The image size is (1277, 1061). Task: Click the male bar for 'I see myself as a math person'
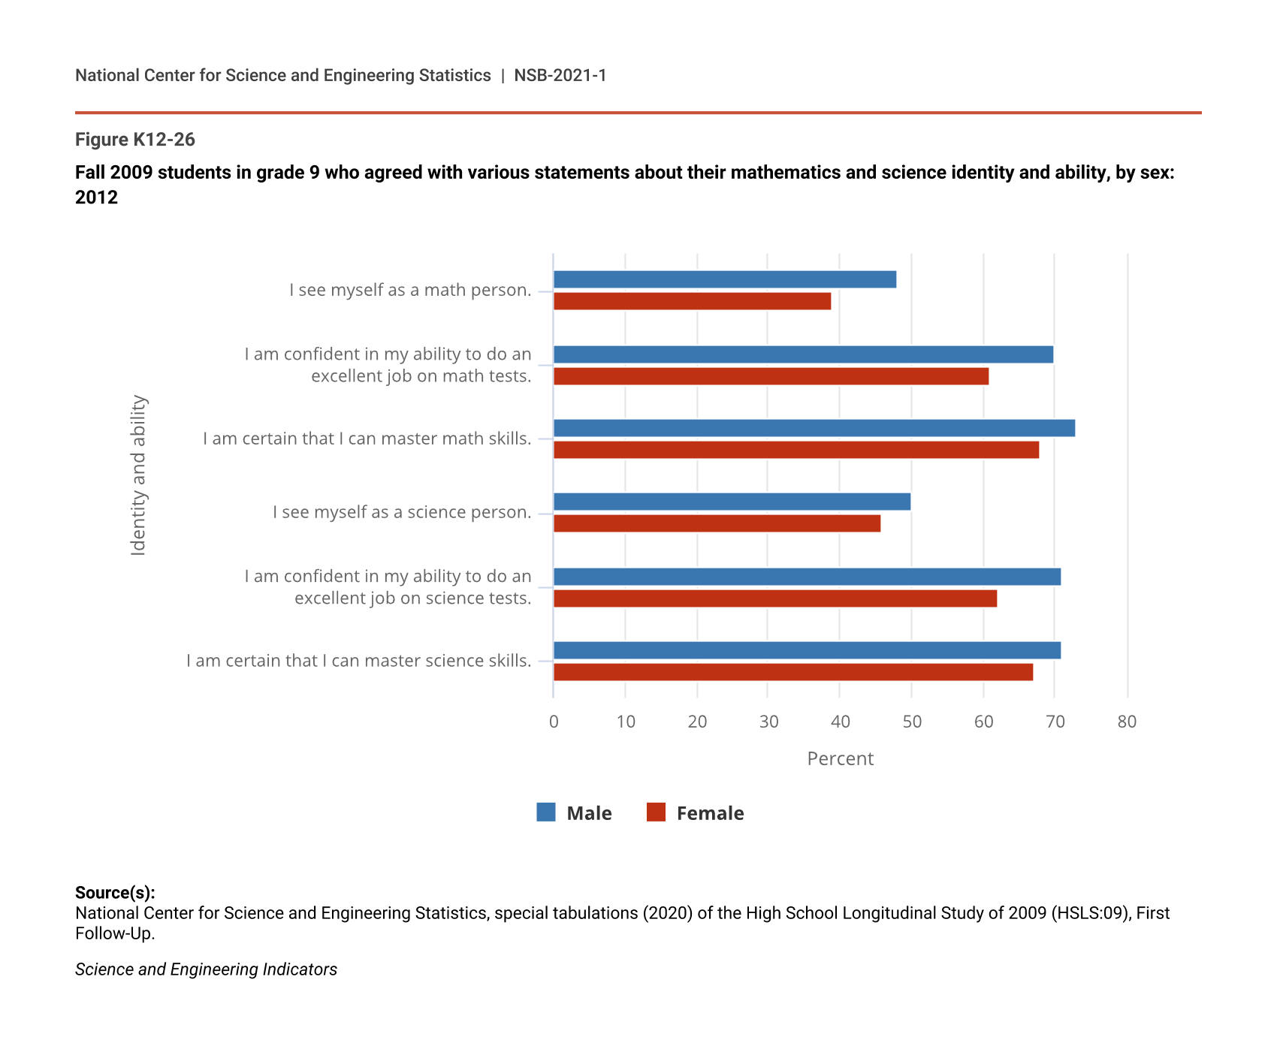point(725,279)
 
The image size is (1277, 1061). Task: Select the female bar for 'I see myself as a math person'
point(692,301)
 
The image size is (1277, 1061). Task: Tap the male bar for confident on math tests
point(803,354)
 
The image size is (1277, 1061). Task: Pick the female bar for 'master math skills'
point(796,450)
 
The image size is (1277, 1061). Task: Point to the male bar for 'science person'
point(732,502)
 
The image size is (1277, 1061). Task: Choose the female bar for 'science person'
point(717,523)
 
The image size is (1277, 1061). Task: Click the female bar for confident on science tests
point(775,598)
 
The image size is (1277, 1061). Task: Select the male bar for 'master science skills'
point(807,650)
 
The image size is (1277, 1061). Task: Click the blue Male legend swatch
point(546,812)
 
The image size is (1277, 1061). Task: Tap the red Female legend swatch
point(656,812)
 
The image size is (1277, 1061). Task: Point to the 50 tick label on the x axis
point(912,722)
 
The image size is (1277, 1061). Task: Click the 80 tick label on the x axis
point(1127,722)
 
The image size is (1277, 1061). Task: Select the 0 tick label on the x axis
point(554,722)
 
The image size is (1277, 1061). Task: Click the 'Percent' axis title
point(840,759)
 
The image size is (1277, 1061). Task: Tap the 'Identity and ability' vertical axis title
point(139,475)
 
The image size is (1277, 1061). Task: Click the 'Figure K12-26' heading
point(135,140)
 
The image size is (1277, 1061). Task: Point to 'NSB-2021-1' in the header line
point(560,76)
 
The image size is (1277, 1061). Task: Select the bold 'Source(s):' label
point(115,893)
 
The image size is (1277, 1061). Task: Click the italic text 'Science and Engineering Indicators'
point(206,969)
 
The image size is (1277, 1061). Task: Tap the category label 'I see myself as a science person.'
point(402,512)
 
